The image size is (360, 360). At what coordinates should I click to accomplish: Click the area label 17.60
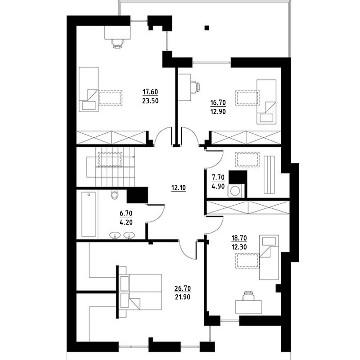[x=150, y=92]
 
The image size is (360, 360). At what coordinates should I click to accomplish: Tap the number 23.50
[x=150, y=101]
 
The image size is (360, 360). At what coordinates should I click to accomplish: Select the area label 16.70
[x=218, y=103]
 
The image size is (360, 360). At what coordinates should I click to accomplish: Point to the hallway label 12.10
[x=179, y=188]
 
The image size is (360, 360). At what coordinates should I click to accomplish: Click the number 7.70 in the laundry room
[x=218, y=177]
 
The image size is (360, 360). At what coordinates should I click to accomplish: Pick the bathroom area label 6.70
[x=126, y=213]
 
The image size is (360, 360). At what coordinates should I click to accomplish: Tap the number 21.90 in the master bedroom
[x=183, y=297]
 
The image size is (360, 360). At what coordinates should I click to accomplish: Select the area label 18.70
[x=239, y=238]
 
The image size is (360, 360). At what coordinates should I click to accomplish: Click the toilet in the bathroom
[x=114, y=195]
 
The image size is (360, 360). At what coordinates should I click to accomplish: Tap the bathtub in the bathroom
[x=89, y=214]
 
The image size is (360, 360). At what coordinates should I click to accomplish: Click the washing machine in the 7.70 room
[x=235, y=191]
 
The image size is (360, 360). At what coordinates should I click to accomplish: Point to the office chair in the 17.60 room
[x=117, y=44]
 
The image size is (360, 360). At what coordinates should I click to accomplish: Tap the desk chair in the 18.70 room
[x=249, y=296]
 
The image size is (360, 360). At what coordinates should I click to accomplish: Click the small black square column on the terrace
[x=207, y=28]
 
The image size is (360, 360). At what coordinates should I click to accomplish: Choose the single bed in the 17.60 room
[x=89, y=89]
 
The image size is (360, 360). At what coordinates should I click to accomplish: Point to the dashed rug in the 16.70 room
[x=247, y=98]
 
